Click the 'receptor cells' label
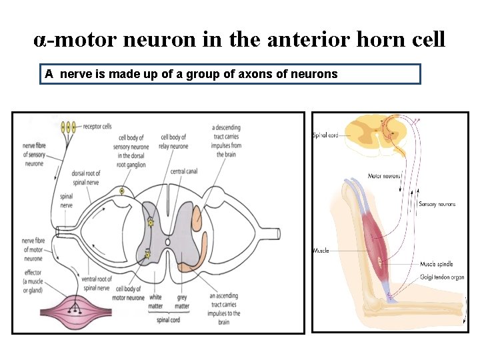(97, 126)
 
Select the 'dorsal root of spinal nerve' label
(87, 178)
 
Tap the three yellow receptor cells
(68, 127)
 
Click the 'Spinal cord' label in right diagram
(325, 136)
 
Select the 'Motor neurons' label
(385, 177)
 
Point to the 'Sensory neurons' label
(437, 204)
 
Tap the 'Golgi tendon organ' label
(441, 277)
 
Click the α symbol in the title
(40, 40)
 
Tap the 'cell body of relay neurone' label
(175, 142)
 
